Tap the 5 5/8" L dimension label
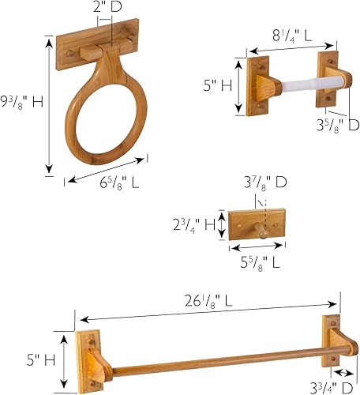coord(257,261)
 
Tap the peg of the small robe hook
coord(259,231)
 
